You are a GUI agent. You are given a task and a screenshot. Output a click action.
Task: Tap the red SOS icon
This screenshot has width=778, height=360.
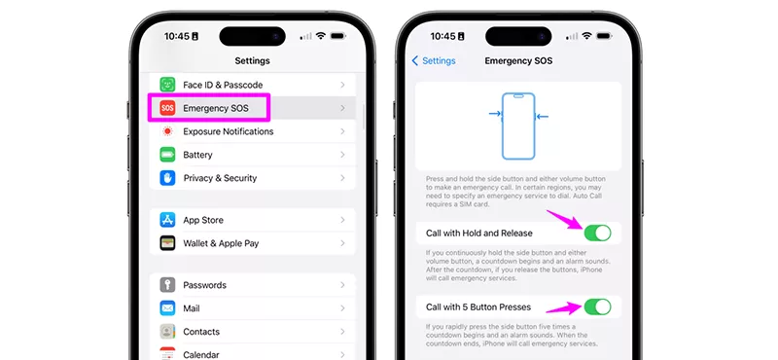tap(167, 108)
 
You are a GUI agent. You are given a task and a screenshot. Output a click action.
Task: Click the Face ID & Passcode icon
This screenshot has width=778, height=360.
tap(167, 85)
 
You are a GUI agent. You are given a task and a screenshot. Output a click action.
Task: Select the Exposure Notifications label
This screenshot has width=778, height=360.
tap(229, 131)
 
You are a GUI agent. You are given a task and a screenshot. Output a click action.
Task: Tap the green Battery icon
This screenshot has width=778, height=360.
tap(167, 155)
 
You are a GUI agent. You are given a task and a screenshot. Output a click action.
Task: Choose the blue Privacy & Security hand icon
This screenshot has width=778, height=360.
tap(167, 178)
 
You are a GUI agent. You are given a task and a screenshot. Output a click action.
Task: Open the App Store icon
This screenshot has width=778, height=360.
tap(167, 220)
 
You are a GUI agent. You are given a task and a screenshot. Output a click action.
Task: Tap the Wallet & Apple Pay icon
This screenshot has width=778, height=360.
tap(167, 243)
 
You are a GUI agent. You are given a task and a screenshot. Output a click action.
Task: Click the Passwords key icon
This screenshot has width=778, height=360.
tap(167, 285)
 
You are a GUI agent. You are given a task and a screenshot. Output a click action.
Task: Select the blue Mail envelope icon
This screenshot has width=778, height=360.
tap(167, 308)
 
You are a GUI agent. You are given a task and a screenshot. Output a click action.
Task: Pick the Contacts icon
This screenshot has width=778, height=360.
tap(167, 331)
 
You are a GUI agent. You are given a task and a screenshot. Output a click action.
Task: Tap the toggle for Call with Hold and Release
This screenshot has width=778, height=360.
tap(597, 233)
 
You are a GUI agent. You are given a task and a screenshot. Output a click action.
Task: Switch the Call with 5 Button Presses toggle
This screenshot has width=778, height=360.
tap(597, 306)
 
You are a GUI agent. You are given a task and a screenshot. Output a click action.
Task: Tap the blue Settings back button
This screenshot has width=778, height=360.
tap(434, 60)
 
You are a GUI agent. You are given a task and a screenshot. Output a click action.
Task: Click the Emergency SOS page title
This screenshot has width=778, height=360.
tap(518, 60)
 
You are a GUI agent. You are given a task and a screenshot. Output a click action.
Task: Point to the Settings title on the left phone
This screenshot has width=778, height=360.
tap(252, 60)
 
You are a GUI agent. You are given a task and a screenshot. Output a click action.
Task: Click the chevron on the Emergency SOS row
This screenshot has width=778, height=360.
tap(342, 108)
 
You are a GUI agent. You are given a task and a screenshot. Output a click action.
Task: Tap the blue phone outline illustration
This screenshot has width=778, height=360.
tap(518, 126)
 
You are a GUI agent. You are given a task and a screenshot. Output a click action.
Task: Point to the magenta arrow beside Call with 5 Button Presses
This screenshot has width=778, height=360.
tap(564, 308)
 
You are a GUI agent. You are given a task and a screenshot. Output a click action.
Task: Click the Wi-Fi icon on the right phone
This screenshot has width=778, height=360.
tap(587, 36)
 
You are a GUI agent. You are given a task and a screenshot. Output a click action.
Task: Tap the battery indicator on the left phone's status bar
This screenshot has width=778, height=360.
tap(337, 36)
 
